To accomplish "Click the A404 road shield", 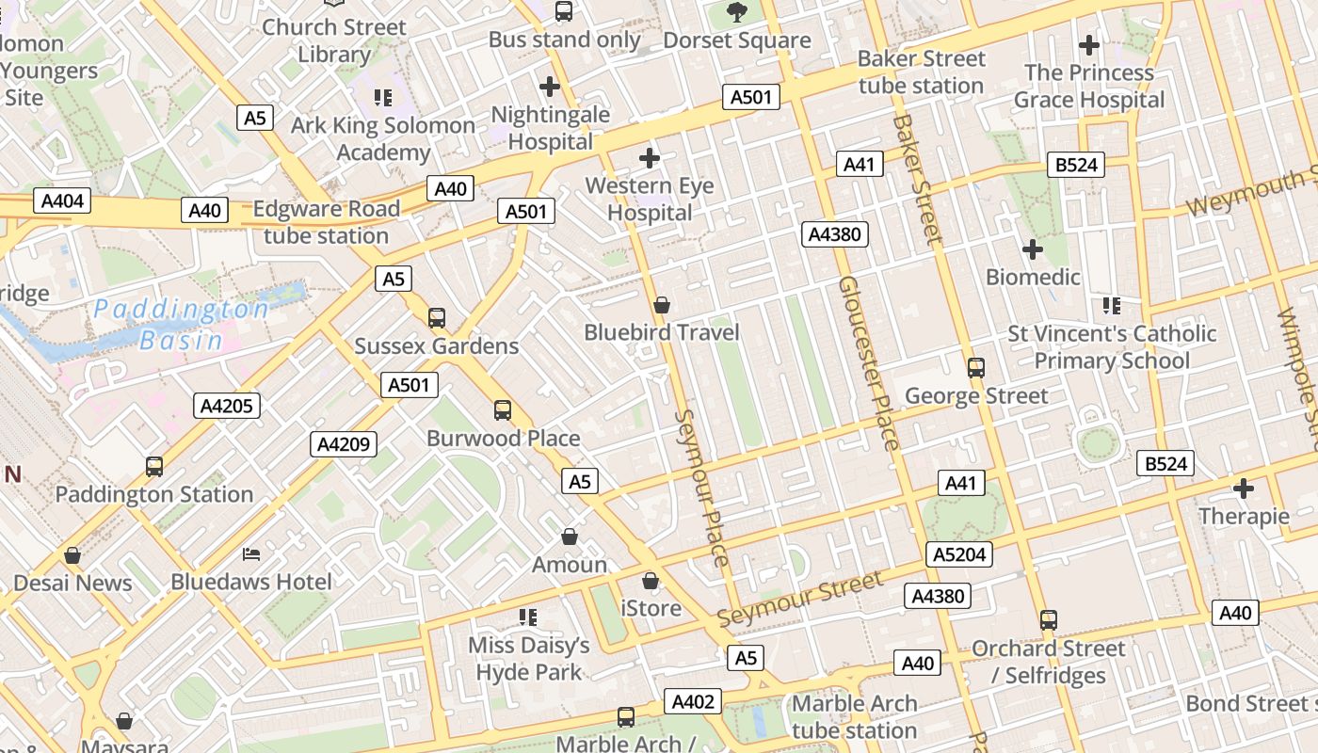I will [63, 200].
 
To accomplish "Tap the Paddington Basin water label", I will [181, 324].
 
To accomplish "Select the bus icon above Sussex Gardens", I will [437, 318].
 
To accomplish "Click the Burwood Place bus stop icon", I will [503, 410].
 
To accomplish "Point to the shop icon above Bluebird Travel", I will [662, 305].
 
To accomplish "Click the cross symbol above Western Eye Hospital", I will [649, 158].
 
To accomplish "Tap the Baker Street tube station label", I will [921, 72].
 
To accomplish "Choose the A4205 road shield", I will [227, 406].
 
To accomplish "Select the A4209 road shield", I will [344, 444].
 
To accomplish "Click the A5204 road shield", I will [959, 554].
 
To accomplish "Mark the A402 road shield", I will [693, 701].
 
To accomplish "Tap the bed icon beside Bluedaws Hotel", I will [250, 553].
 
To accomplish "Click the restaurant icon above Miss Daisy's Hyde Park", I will [528, 617].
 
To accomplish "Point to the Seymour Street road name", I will [800, 599].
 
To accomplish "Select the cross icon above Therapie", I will [1244, 489].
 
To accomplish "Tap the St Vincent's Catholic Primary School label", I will [1112, 347].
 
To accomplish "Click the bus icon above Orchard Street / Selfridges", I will [1049, 620].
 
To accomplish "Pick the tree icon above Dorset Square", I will [737, 12].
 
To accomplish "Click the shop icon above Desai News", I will [72, 555].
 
